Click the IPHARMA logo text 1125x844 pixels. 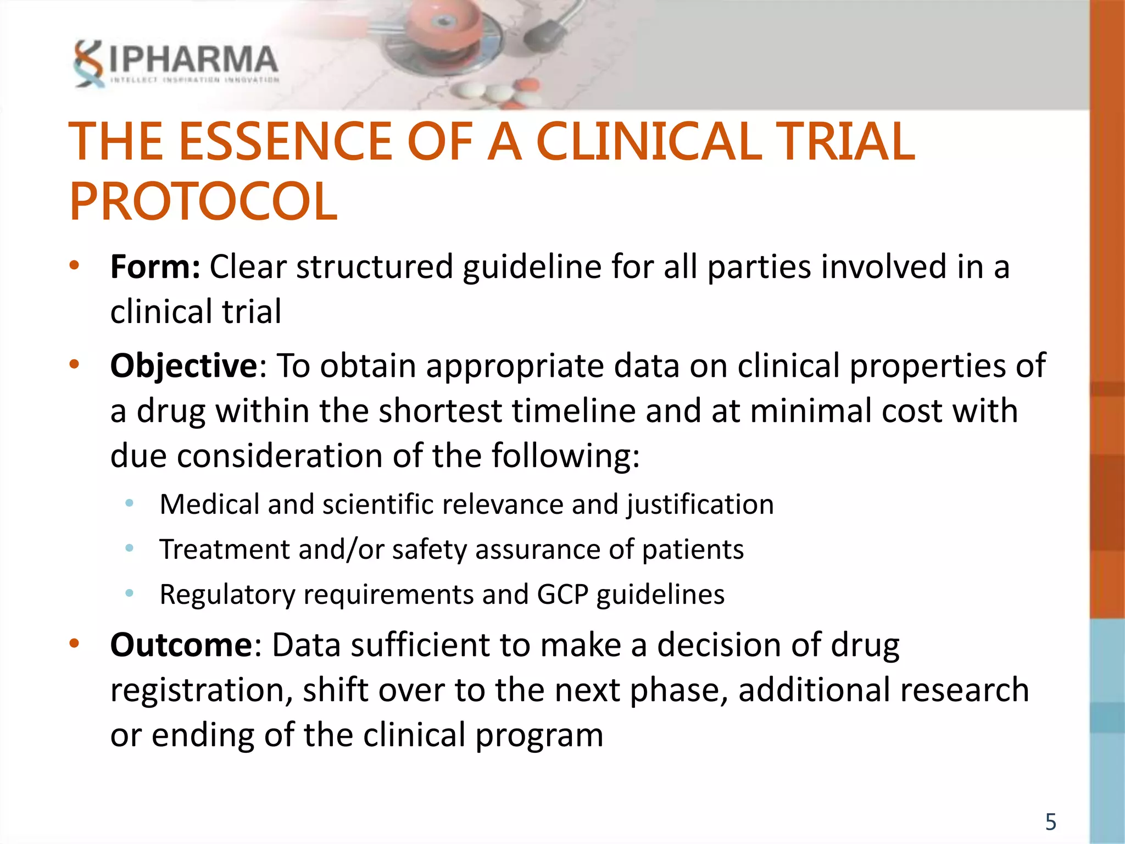click(x=193, y=59)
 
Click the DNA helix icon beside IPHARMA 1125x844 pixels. click(x=88, y=63)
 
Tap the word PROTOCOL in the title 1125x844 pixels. click(x=203, y=202)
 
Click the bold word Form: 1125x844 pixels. click(x=155, y=267)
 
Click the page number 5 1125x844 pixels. click(x=1050, y=822)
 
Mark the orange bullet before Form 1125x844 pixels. click(x=75, y=266)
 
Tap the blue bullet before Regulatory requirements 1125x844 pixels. click(x=130, y=593)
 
